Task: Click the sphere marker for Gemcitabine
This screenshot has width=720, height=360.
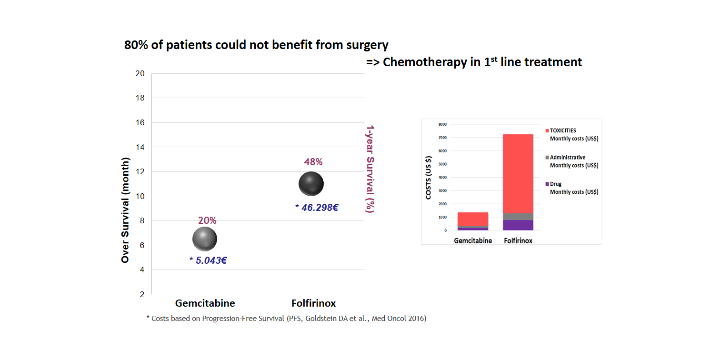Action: [x=205, y=239]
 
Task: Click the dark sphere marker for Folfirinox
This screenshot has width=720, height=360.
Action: [x=311, y=184]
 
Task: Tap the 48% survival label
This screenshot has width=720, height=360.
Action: [x=313, y=162]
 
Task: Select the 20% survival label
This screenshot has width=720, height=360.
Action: [x=207, y=220]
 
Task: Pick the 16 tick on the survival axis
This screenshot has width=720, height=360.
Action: [x=140, y=122]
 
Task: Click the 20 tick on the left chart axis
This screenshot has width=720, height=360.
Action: [x=140, y=73]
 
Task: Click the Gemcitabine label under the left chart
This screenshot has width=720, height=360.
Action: [x=205, y=303]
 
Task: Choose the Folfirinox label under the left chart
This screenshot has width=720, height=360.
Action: [x=313, y=303]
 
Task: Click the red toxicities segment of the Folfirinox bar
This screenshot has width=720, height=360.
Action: [x=518, y=173]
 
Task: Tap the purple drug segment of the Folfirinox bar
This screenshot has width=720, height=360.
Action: [x=518, y=225]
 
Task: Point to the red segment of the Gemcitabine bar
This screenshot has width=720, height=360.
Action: [x=473, y=219]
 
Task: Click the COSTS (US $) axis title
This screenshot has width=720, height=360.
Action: [x=429, y=177]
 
